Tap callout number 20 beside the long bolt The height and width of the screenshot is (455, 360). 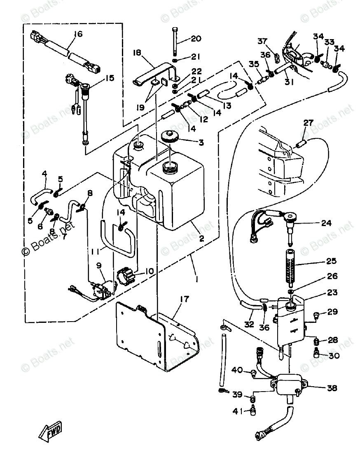pyautogui.click(x=196, y=39)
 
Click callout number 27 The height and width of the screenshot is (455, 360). pyautogui.click(x=309, y=123)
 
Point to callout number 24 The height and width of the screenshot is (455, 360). pyautogui.click(x=326, y=224)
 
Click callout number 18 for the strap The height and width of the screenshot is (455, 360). pyautogui.click(x=137, y=53)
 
